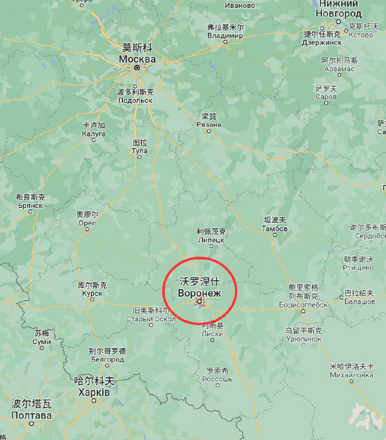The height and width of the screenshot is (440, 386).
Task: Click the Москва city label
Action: tap(137, 59)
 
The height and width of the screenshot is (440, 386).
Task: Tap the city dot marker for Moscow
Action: tap(137, 68)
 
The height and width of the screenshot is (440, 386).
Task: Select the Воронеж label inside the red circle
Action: tap(199, 293)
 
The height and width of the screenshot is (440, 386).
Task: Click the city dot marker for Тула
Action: tap(139, 157)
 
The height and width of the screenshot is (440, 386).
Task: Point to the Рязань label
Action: tap(209, 124)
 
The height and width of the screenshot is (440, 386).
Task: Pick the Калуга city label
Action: tap(93, 134)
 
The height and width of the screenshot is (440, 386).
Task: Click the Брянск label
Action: tap(30, 206)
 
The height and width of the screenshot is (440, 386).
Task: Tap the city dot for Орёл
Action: tap(87, 229)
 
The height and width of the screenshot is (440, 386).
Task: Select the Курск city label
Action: tap(92, 294)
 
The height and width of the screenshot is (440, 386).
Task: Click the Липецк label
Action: tap(211, 240)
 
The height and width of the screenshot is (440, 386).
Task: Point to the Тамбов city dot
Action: tap(275, 235)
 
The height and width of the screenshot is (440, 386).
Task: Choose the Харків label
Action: tap(94, 392)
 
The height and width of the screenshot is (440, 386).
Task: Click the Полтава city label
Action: tap(31, 415)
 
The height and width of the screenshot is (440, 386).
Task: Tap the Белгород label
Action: tap(107, 360)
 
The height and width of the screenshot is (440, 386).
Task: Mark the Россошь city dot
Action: tap(218, 385)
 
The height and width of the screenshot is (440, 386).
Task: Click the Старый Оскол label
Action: tap(151, 319)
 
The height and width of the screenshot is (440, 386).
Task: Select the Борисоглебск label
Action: tap(303, 305)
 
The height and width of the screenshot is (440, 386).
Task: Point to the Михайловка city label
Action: tap(351, 375)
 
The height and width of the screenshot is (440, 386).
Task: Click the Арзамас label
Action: tap(339, 69)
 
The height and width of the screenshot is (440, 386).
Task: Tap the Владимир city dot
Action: tap(225, 42)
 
